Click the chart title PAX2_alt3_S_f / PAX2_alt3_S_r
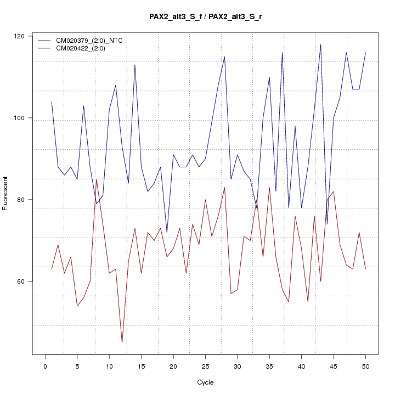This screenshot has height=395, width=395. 205,16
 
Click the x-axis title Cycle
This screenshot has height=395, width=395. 205,382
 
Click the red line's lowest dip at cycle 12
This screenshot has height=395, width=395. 122,343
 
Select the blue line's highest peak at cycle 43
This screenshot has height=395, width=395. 320,44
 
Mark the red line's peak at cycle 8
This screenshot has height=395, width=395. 97,179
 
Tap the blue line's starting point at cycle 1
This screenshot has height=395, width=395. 52,101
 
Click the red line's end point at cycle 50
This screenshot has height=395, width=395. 365,269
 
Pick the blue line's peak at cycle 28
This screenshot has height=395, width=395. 224,57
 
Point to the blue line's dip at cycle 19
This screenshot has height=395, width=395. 167,233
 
